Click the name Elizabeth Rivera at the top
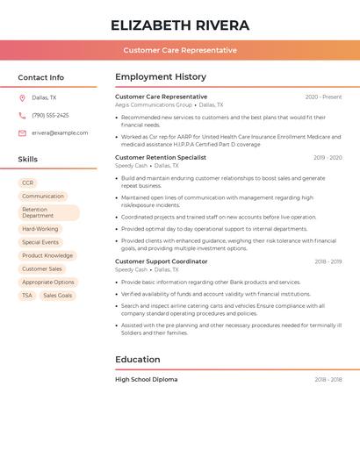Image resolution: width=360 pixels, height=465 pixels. point(180,25)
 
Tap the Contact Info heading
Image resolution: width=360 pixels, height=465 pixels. point(41,77)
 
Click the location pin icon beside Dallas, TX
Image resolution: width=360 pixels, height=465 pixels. point(22,97)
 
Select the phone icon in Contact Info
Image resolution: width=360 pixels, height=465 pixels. point(22,115)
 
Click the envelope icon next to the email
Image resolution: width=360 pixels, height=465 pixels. point(22,132)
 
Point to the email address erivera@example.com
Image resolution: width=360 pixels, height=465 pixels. point(60,132)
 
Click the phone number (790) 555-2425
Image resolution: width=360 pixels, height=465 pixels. point(50,115)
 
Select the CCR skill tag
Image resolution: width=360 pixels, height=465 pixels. point(28,182)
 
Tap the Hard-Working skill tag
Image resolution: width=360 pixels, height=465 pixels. point(40,229)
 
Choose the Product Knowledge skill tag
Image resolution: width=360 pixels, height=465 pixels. point(47,255)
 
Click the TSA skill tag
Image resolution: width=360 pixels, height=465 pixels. point(27,296)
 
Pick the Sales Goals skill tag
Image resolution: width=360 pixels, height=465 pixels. point(57,296)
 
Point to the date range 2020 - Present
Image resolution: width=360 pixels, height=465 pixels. point(323,97)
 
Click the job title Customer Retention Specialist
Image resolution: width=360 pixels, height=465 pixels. point(161,157)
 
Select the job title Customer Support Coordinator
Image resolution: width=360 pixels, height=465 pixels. point(162,261)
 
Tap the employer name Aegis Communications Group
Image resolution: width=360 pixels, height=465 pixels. point(154,104)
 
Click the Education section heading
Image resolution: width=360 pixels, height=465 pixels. point(138,359)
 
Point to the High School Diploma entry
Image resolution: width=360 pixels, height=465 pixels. point(146,380)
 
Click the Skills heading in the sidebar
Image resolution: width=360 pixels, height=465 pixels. point(28,159)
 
